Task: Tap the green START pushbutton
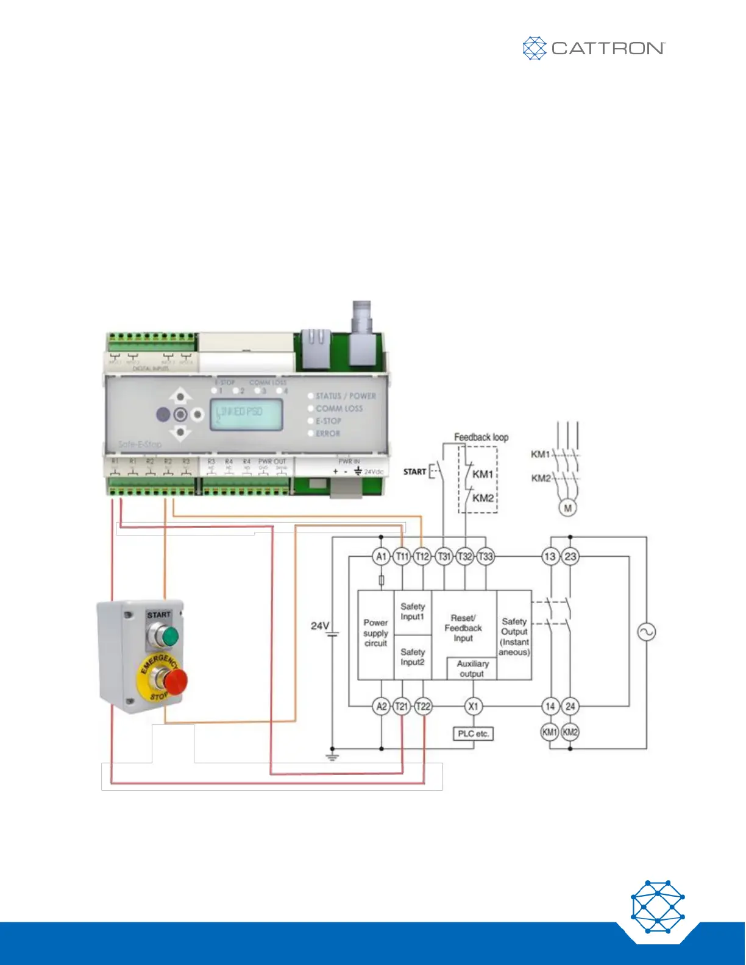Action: click(170, 637)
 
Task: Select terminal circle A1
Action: click(382, 556)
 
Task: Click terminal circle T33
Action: click(485, 556)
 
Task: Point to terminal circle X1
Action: click(473, 706)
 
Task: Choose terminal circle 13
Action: click(550, 556)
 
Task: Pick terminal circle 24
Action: click(570, 706)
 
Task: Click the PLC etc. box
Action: click(473, 733)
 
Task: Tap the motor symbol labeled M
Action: click(567, 507)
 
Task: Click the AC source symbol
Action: click(646, 632)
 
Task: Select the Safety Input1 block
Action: click(413, 612)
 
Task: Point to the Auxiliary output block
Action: click(472, 668)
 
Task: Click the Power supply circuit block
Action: click(375, 633)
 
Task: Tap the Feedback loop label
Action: click(481, 437)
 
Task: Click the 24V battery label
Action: click(320, 626)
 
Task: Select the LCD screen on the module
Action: click(246, 415)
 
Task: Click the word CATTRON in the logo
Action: click(608, 48)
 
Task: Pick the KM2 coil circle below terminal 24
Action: click(570, 732)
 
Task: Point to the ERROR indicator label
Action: click(328, 433)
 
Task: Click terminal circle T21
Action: click(401, 706)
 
